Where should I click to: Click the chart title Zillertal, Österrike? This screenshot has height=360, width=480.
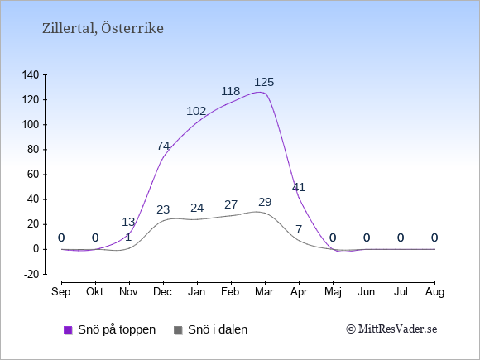click(103, 28)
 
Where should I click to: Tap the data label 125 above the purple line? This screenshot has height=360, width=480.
click(264, 82)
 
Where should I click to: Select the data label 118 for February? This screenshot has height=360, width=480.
click(231, 91)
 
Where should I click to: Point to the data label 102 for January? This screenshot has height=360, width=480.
click(196, 111)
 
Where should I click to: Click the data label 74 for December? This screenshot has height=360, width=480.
click(163, 146)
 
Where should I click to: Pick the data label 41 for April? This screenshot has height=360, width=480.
click(299, 187)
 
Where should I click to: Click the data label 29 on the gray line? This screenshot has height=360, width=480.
click(265, 202)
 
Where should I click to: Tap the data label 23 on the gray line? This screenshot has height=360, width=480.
click(163, 209)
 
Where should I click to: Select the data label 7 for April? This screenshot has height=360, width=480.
click(299, 229)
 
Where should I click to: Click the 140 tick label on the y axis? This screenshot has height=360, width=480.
click(31, 75)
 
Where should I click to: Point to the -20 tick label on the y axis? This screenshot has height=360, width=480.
click(31, 274)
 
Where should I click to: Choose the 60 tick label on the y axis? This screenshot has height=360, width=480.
click(33, 175)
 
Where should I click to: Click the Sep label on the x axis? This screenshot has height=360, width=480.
click(61, 292)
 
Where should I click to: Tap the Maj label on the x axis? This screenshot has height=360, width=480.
click(333, 292)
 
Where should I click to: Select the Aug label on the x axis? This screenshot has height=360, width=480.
click(434, 292)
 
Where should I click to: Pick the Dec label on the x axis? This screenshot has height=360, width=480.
click(162, 292)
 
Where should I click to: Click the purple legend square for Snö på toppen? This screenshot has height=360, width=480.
click(68, 330)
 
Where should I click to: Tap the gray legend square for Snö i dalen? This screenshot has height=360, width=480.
click(178, 330)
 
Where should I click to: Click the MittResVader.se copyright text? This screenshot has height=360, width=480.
click(391, 329)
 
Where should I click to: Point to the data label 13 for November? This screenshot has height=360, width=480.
click(128, 222)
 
